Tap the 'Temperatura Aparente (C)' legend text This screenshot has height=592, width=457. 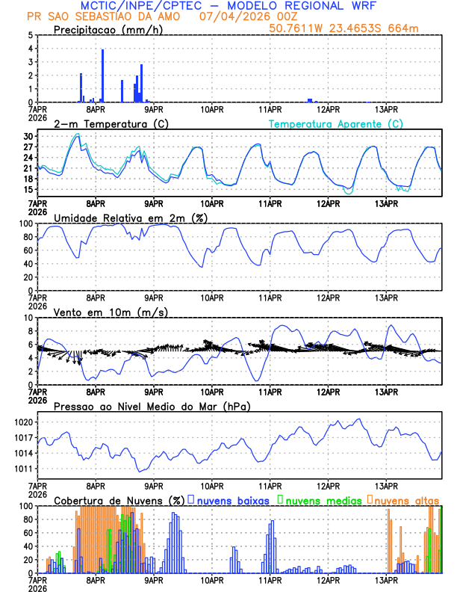coord(336,123)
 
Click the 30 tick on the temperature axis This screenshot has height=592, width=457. coord(27,137)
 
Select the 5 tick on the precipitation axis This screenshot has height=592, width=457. coord(30,35)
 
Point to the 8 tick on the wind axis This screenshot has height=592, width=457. coord(30,331)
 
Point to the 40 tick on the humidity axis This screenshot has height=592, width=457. coord(27,264)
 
